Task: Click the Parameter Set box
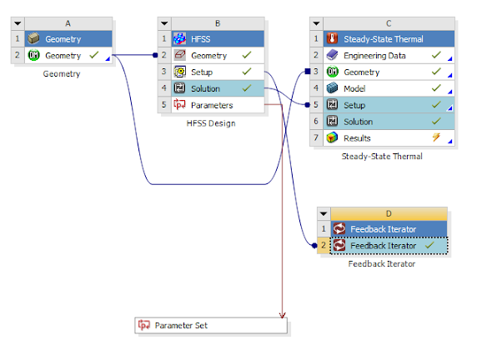[x=211, y=325]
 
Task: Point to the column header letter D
[x=388, y=213]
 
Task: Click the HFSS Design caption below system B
[x=211, y=123]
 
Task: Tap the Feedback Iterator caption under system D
[x=381, y=264]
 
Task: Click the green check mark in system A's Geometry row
[x=94, y=56]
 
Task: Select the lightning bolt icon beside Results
[x=434, y=138]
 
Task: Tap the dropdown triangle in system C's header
[x=317, y=23]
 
